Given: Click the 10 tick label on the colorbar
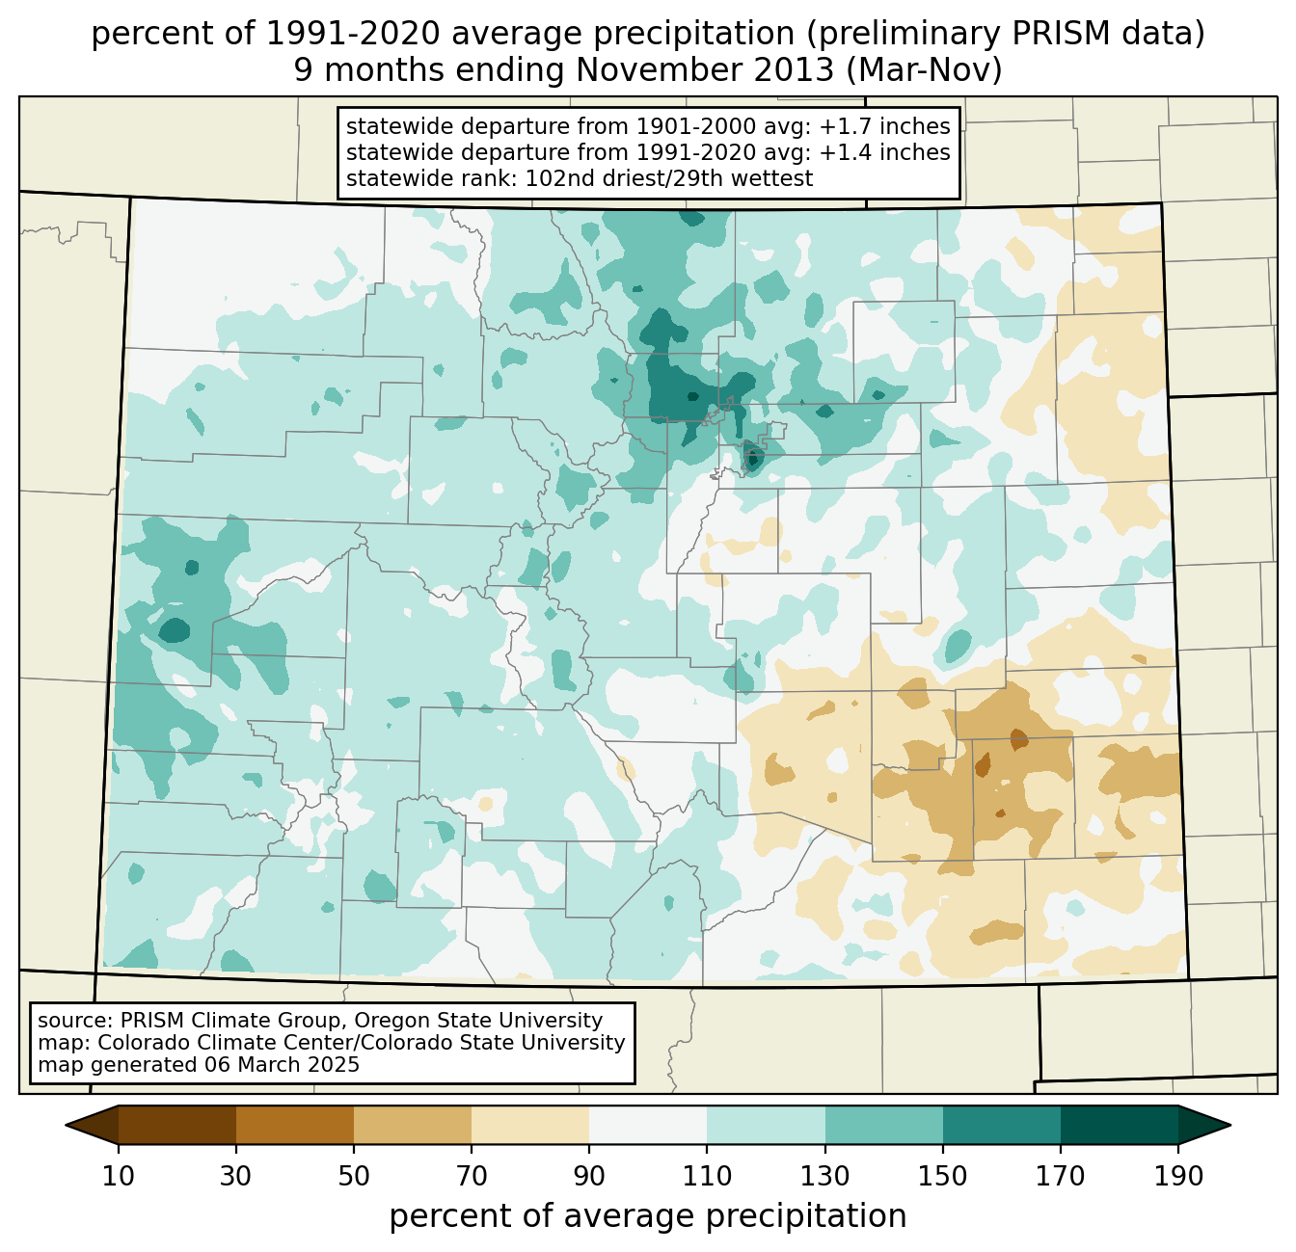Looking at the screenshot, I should pos(119,1176).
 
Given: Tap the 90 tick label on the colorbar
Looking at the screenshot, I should pos(589,1176).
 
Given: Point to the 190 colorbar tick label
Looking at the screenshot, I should pos(1177,1176).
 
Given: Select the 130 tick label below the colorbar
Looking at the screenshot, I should pos(824,1176).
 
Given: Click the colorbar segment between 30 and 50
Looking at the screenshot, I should pos(295,1125).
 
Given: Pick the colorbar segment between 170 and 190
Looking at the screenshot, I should pos(1119,1125).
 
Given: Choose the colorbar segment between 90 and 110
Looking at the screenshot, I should pos(648,1125).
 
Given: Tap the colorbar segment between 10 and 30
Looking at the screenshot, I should pos(177,1125).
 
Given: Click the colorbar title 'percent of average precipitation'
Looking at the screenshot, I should pos(648,1216).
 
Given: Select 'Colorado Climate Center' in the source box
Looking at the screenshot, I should pos(205,1043).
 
